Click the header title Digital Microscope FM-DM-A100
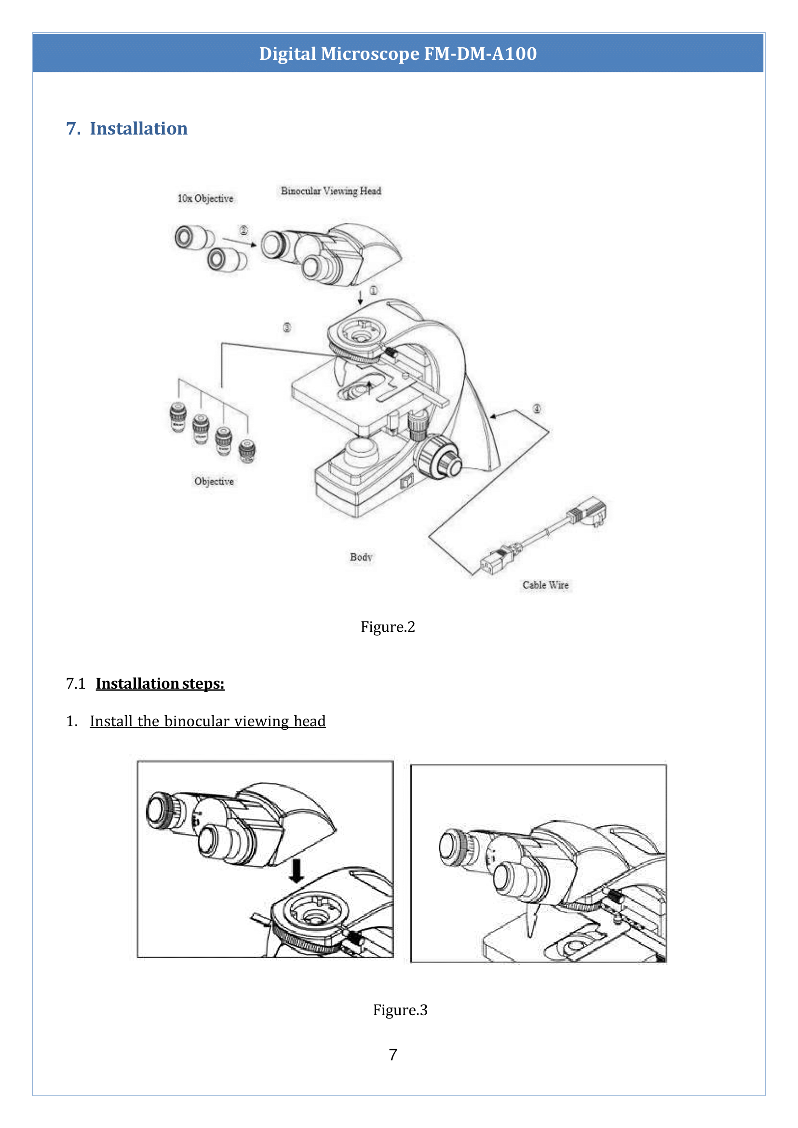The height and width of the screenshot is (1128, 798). tap(397, 54)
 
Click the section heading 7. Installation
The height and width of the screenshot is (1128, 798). tap(127, 128)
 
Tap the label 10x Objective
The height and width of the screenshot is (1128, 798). tap(205, 199)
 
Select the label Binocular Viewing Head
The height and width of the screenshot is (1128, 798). tap(331, 190)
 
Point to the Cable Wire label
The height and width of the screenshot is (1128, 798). tap(545, 585)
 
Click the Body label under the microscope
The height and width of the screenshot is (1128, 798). tap(361, 557)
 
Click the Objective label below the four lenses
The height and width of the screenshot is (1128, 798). tap(214, 481)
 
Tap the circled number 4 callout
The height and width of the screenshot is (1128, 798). tap(537, 408)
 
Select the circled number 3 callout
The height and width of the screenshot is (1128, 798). tap(286, 327)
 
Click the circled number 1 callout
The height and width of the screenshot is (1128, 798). tap(374, 290)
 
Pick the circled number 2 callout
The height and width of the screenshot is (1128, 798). tap(243, 230)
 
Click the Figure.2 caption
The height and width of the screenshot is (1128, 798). tap(388, 626)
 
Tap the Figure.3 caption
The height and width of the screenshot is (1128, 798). tap(400, 1009)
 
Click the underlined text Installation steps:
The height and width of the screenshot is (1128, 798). tap(160, 683)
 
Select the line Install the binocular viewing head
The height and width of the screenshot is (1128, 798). tap(207, 721)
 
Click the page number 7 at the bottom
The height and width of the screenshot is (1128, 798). tap(392, 1054)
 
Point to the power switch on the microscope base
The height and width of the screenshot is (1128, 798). tap(406, 482)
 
